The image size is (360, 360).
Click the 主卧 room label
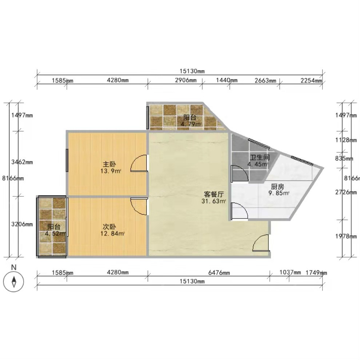coord(109,164)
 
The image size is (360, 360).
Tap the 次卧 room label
coord(109,227)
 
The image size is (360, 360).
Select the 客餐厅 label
coord(214,194)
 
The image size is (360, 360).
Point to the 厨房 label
coord(277,187)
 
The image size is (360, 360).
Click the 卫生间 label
coord(260,157)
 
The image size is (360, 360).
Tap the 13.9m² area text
coord(111,171)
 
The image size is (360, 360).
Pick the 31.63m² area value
coord(214,201)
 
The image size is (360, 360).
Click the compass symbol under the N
coord(14,282)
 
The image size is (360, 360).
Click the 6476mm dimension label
coord(219,272)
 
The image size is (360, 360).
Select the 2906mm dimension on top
coord(186,80)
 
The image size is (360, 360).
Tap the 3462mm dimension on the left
coord(22,162)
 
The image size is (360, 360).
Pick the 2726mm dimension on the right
coord(346,192)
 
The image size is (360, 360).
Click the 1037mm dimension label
coord(290,272)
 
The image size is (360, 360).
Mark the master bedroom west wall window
coord(67,160)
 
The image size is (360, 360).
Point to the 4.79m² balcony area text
coord(191,124)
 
